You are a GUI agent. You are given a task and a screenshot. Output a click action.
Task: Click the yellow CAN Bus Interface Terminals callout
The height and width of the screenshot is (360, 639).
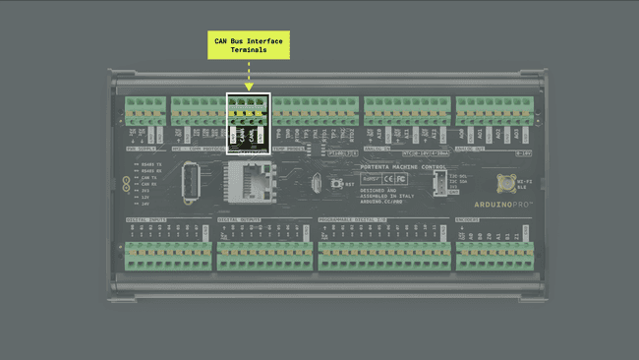pos(249,45)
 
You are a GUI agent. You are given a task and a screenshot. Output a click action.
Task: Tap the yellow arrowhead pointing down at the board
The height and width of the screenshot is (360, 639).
pos(249,87)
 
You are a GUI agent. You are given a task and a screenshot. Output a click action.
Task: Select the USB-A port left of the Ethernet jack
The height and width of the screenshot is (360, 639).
pos(193,182)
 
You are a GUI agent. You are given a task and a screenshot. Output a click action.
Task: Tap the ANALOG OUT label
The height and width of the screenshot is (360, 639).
pos(472,150)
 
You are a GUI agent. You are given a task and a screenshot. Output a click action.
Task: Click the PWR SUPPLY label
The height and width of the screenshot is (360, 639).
pos(144,150)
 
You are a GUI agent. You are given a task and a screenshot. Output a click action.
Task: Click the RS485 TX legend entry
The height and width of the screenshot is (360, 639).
pos(150,163)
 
